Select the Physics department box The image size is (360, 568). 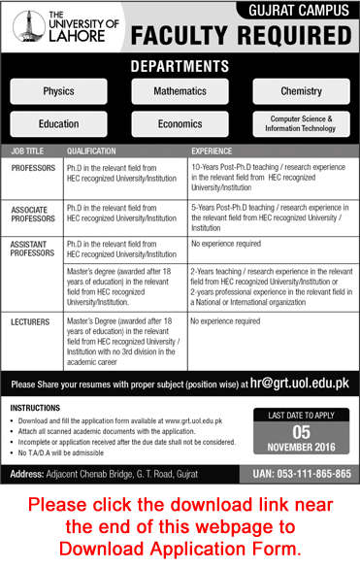[58, 90]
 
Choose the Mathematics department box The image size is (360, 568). [180, 90]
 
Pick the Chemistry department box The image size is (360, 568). [301, 90]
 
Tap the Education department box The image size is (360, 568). [58, 124]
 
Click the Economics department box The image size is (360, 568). [180, 124]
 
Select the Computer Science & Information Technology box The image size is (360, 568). [301, 124]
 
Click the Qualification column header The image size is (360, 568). [91, 152]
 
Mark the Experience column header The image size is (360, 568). [211, 152]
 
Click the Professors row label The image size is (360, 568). [34, 168]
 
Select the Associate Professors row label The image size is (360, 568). [34, 214]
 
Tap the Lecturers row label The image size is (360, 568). [31, 319]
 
